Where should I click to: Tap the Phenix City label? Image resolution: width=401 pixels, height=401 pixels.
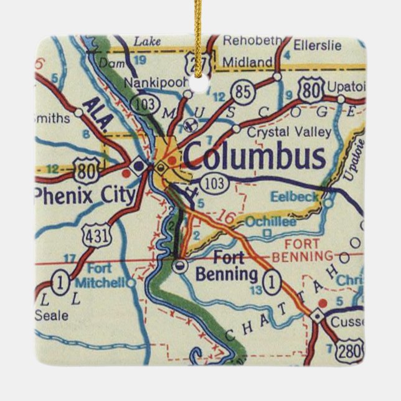pyautogui.click(x=85, y=196)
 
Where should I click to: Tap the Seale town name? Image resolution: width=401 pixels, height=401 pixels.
pyautogui.click(x=52, y=315)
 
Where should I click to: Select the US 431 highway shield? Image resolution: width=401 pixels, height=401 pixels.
pyautogui.click(x=92, y=232)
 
